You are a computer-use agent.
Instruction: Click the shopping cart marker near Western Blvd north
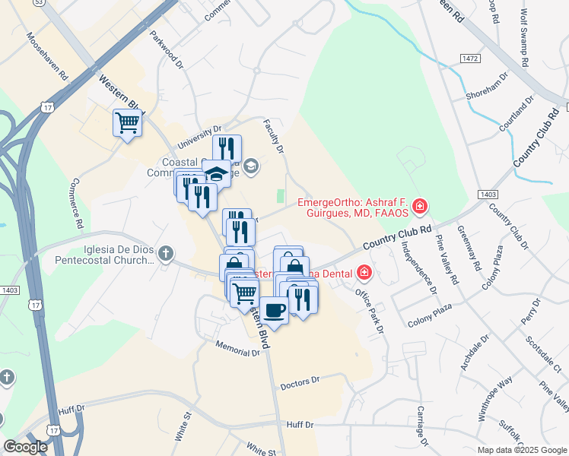coord(128,122)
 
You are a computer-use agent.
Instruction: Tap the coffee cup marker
coord(275,309)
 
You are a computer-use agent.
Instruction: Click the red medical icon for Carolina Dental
coord(364,272)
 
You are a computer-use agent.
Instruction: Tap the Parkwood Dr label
coord(167,50)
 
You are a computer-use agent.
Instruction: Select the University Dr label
coord(199,138)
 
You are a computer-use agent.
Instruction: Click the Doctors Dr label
coord(302,385)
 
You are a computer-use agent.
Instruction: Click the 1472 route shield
coord(472,59)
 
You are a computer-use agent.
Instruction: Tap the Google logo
coord(25,447)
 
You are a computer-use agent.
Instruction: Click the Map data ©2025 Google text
coord(521,450)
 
